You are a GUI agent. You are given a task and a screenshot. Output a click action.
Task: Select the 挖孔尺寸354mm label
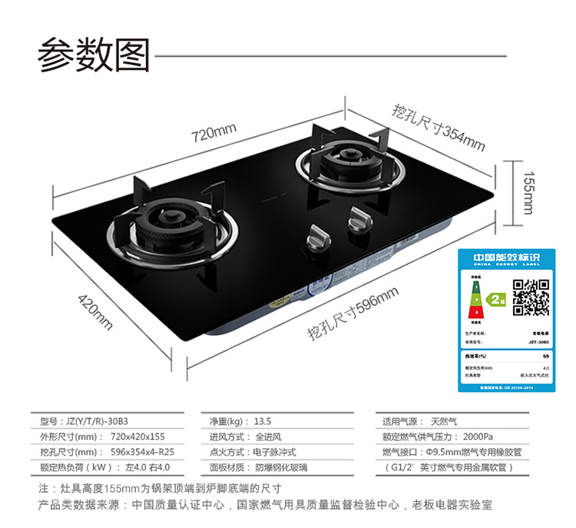439,126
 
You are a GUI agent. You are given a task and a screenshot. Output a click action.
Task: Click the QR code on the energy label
530,297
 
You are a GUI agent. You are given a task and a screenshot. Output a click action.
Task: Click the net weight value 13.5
263,421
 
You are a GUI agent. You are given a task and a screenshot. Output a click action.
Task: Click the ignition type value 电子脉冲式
275,452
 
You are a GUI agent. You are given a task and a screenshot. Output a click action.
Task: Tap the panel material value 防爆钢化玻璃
281,467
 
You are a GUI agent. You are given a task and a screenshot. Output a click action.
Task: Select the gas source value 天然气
444,421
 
